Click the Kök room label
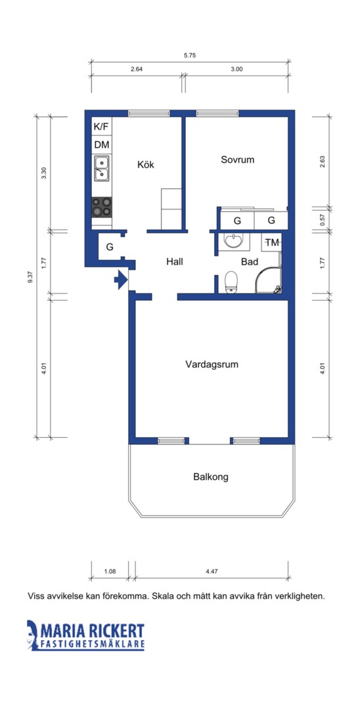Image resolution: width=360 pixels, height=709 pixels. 146,165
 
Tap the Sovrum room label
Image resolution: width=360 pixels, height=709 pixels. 237,160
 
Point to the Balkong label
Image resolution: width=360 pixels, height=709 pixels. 211,477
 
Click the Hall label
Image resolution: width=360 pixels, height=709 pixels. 174,261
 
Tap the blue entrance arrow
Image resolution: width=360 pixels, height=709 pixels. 120,280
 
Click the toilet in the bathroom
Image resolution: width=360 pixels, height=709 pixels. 231,282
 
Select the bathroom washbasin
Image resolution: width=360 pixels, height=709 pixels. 233,240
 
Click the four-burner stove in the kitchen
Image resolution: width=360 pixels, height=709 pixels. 102,207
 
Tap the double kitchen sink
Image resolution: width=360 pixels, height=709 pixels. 102,168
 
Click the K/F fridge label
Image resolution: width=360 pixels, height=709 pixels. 101,127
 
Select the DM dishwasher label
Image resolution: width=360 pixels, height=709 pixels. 102,145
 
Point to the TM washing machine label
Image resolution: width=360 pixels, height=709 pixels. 272,243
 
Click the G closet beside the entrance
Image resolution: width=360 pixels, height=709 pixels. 110,247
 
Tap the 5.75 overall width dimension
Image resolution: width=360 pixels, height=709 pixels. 190,56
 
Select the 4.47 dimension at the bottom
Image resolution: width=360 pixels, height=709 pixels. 212,571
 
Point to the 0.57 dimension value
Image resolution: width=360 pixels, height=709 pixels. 323,220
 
